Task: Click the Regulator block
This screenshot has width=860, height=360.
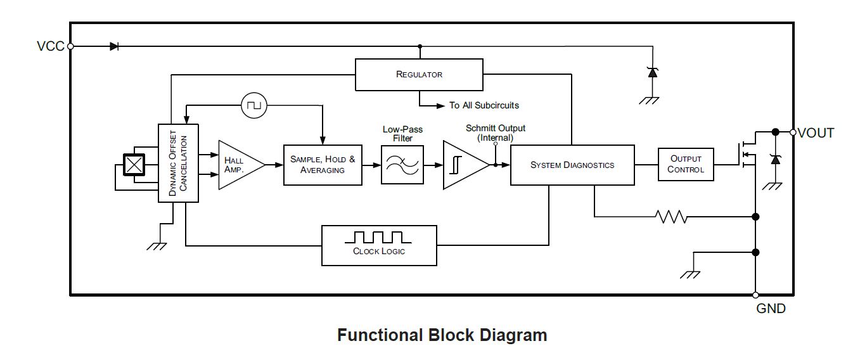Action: [x=419, y=74]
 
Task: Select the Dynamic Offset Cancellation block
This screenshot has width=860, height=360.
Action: [x=178, y=164]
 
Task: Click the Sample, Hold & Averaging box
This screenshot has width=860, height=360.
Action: [x=323, y=164]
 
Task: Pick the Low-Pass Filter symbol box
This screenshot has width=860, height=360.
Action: [x=402, y=164]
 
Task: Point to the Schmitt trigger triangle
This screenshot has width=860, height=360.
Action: [x=464, y=165]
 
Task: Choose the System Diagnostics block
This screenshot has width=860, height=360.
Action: [x=572, y=165]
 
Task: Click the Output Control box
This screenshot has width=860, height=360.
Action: [x=686, y=165]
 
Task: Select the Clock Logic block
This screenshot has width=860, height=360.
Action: [x=379, y=245]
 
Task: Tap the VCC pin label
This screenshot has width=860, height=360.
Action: [x=51, y=46]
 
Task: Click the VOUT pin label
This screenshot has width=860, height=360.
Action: [x=816, y=133]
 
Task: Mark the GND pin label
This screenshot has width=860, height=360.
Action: [x=771, y=309]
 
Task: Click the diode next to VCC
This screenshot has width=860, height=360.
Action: [x=114, y=46]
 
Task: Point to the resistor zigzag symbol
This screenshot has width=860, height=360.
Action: [x=672, y=217]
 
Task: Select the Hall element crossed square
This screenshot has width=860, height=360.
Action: [x=133, y=165]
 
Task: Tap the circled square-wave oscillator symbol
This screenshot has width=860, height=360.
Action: [x=255, y=105]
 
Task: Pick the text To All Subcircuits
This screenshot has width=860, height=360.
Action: [x=484, y=105]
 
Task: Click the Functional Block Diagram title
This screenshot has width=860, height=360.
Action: [x=442, y=335]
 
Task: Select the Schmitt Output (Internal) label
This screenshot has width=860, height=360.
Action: [x=495, y=132]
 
